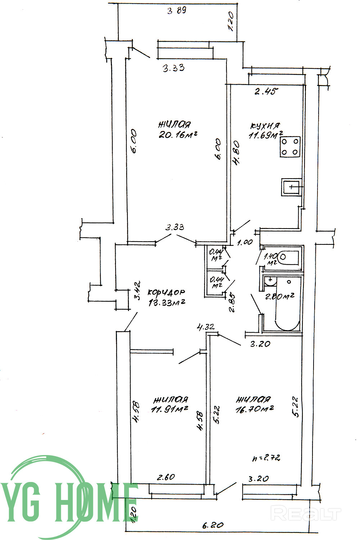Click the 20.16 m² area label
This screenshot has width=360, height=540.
pyautogui.click(x=178, y=135)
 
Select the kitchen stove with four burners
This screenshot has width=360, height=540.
pyautogui.click(x=290, y=147)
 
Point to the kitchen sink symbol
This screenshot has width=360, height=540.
pyautogui.click(x=291, y=187)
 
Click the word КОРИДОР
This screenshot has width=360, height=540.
pyautogui.click(x=167, y=292)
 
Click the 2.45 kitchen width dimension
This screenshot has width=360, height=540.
pyautogui.click(x=267, y=91)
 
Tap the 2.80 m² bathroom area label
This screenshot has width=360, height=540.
pyautogui.click(x=280, y=296)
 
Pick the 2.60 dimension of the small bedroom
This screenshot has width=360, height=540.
pyautogui.click(x=166, y=477)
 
